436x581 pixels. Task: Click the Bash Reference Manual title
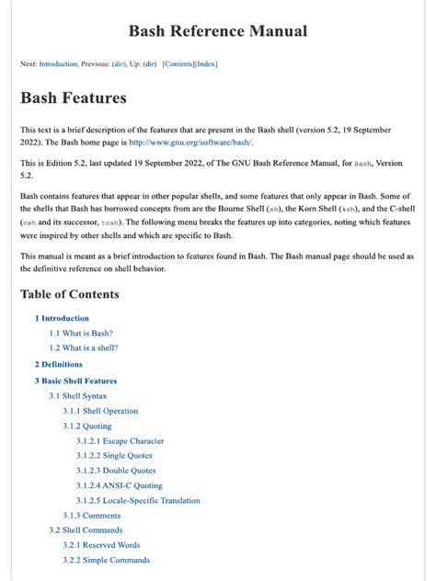pos(217,31)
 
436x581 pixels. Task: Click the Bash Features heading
pos(74,97)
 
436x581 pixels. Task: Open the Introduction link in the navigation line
pos(58,64)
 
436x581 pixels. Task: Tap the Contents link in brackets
pos(178,64)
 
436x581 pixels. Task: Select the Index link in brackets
pos(207,64)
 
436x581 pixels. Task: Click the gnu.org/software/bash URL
pos(190,142)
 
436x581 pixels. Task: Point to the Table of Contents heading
pos(70,294)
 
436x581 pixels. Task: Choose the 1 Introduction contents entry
pos(62,318)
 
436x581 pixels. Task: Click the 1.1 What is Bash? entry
pos(81,333)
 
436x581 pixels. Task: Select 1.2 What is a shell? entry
pos(84,348)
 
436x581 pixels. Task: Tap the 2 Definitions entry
pos(59,364)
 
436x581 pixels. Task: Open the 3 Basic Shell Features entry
pos(75,380)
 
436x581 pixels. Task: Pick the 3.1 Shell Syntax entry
pos(78,395)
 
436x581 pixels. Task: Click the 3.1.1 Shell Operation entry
pos(100,411)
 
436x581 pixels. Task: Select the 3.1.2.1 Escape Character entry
pos(120,441)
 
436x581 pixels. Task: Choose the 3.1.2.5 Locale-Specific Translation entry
pos(138,501)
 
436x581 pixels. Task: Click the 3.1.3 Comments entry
pos(91,516)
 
